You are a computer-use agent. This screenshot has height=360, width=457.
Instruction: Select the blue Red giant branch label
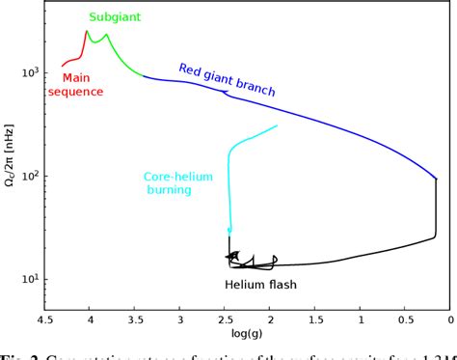point(227,80)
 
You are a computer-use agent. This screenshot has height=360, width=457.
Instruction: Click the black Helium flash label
point(260,285)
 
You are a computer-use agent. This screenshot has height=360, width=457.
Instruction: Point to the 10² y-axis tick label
point(29,177)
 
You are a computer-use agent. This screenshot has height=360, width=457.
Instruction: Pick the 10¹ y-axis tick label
point(29,280)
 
